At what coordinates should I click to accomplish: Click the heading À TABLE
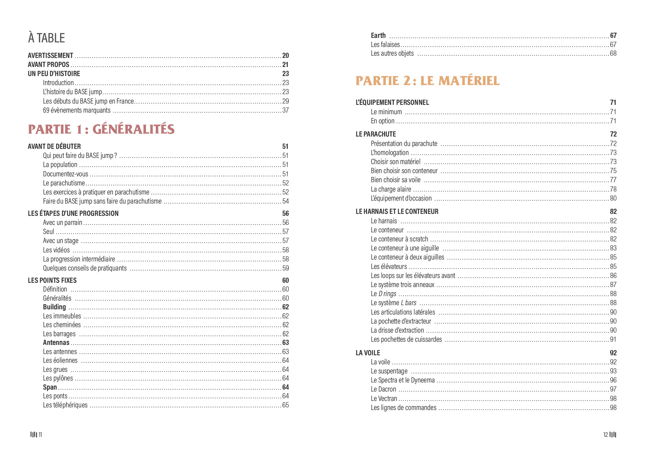tap(46, 38)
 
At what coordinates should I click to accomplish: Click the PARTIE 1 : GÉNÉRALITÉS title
tap(101, 129)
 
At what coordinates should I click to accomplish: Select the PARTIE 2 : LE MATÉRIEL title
tap(427, 81)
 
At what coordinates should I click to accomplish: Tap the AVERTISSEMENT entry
tap(50, 56)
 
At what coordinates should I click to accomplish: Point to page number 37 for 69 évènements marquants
tap(285, 110)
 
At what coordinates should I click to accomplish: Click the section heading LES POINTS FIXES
tap(52, 281)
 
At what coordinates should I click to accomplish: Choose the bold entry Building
tap(54, 307)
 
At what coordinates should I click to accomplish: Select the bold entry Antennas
tap(56, 343)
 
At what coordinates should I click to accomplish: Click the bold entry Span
tap(50, 387)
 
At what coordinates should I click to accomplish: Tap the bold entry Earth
tap(378, 36)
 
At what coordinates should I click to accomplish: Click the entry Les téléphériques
tap(65, 405)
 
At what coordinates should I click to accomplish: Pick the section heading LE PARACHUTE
tap(375, 134)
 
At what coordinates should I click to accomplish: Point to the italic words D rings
tap(387, 294)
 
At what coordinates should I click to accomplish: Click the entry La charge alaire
tap(391, 189)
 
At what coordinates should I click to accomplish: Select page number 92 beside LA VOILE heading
tap(613, 353)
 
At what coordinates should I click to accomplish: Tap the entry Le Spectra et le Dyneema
tap(403, 380)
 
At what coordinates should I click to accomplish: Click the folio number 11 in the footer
tap(40, 435)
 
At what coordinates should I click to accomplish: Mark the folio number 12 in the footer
tap(605, 435)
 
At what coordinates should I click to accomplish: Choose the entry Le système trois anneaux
tap(402, 285)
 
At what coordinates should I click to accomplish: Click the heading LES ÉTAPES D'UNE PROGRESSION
tap(73, 214)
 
